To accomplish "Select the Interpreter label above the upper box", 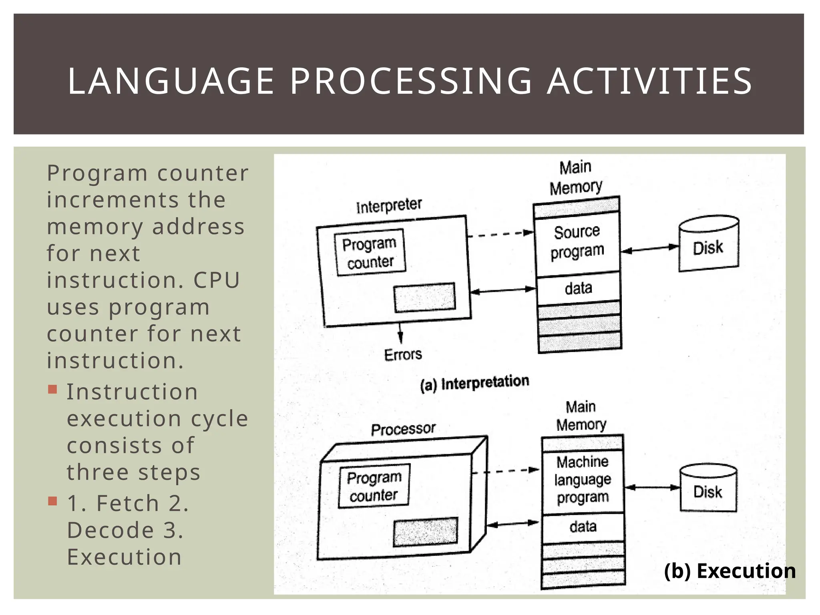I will pos(389,206).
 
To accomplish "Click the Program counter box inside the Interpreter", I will pos(370,253).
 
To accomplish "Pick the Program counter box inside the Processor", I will pos(374,486).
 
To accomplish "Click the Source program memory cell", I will pos(577,242).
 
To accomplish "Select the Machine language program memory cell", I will pos(583,480).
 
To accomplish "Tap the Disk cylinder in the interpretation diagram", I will pos(708,244).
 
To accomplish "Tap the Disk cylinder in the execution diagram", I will pos(708,488).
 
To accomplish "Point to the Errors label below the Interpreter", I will pos(403,355).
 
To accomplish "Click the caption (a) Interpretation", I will pos(474,383).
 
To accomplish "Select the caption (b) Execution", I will pos(730,571).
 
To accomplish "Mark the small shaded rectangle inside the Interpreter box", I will pos(425,297).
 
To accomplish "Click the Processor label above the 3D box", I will pos(403,429).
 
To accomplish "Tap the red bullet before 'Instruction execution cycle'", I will pos(52,389).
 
